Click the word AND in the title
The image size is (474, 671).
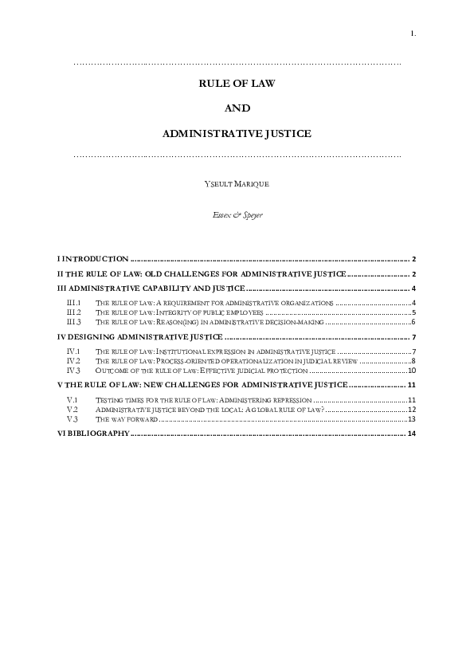click(x=237, y=108)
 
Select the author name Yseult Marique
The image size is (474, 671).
click(x=237, y=184)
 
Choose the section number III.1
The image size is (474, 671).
click(x=74, y=303)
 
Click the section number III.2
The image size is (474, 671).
click(x=74, y=312)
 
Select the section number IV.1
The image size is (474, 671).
click(x=74, y=351)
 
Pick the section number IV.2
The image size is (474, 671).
click(x=74, y=361)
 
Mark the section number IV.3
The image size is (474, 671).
click(x=74, y=371)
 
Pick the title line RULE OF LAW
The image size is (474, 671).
click(x=237, y=82)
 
